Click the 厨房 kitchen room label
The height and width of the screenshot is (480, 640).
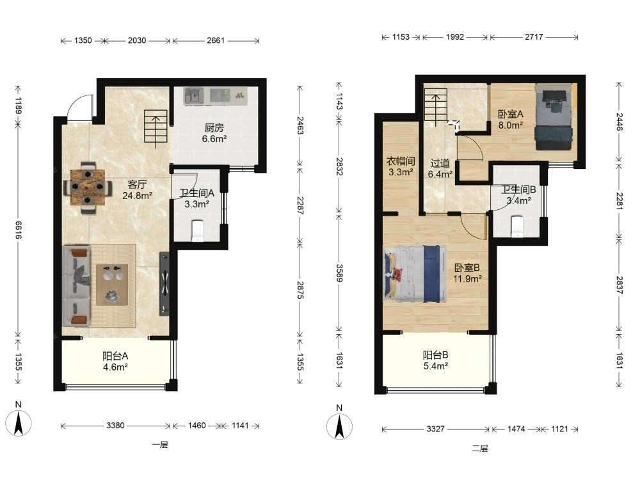coord(214,128)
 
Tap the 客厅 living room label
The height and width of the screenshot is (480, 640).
coord(137,184)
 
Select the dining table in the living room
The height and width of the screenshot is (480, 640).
coord(87,188)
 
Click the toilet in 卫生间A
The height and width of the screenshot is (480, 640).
coord(198,230)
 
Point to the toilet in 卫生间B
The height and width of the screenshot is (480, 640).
coord(517,227)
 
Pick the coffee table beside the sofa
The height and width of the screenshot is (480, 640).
coord(112,285)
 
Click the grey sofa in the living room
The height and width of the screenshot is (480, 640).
coord(76,285)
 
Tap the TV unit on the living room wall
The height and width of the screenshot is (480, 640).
coord(164,284)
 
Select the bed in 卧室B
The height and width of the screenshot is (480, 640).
coord(415,273)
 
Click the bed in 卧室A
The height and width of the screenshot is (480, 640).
coord(554,117)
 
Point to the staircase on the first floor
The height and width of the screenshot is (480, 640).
coord(156,129)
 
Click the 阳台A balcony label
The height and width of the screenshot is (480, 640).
coord(115,356)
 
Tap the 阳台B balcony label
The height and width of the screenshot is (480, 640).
coord(435,355)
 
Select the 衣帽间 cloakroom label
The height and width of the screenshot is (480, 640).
coord(401,161)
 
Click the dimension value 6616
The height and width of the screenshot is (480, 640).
coord(19,230)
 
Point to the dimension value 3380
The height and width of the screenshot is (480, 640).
coord(115,426)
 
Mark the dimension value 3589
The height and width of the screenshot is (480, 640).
coord(339,273)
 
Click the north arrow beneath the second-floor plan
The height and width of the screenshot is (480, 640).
coord(339,426)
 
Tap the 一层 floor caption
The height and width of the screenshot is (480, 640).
coord(160,445)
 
